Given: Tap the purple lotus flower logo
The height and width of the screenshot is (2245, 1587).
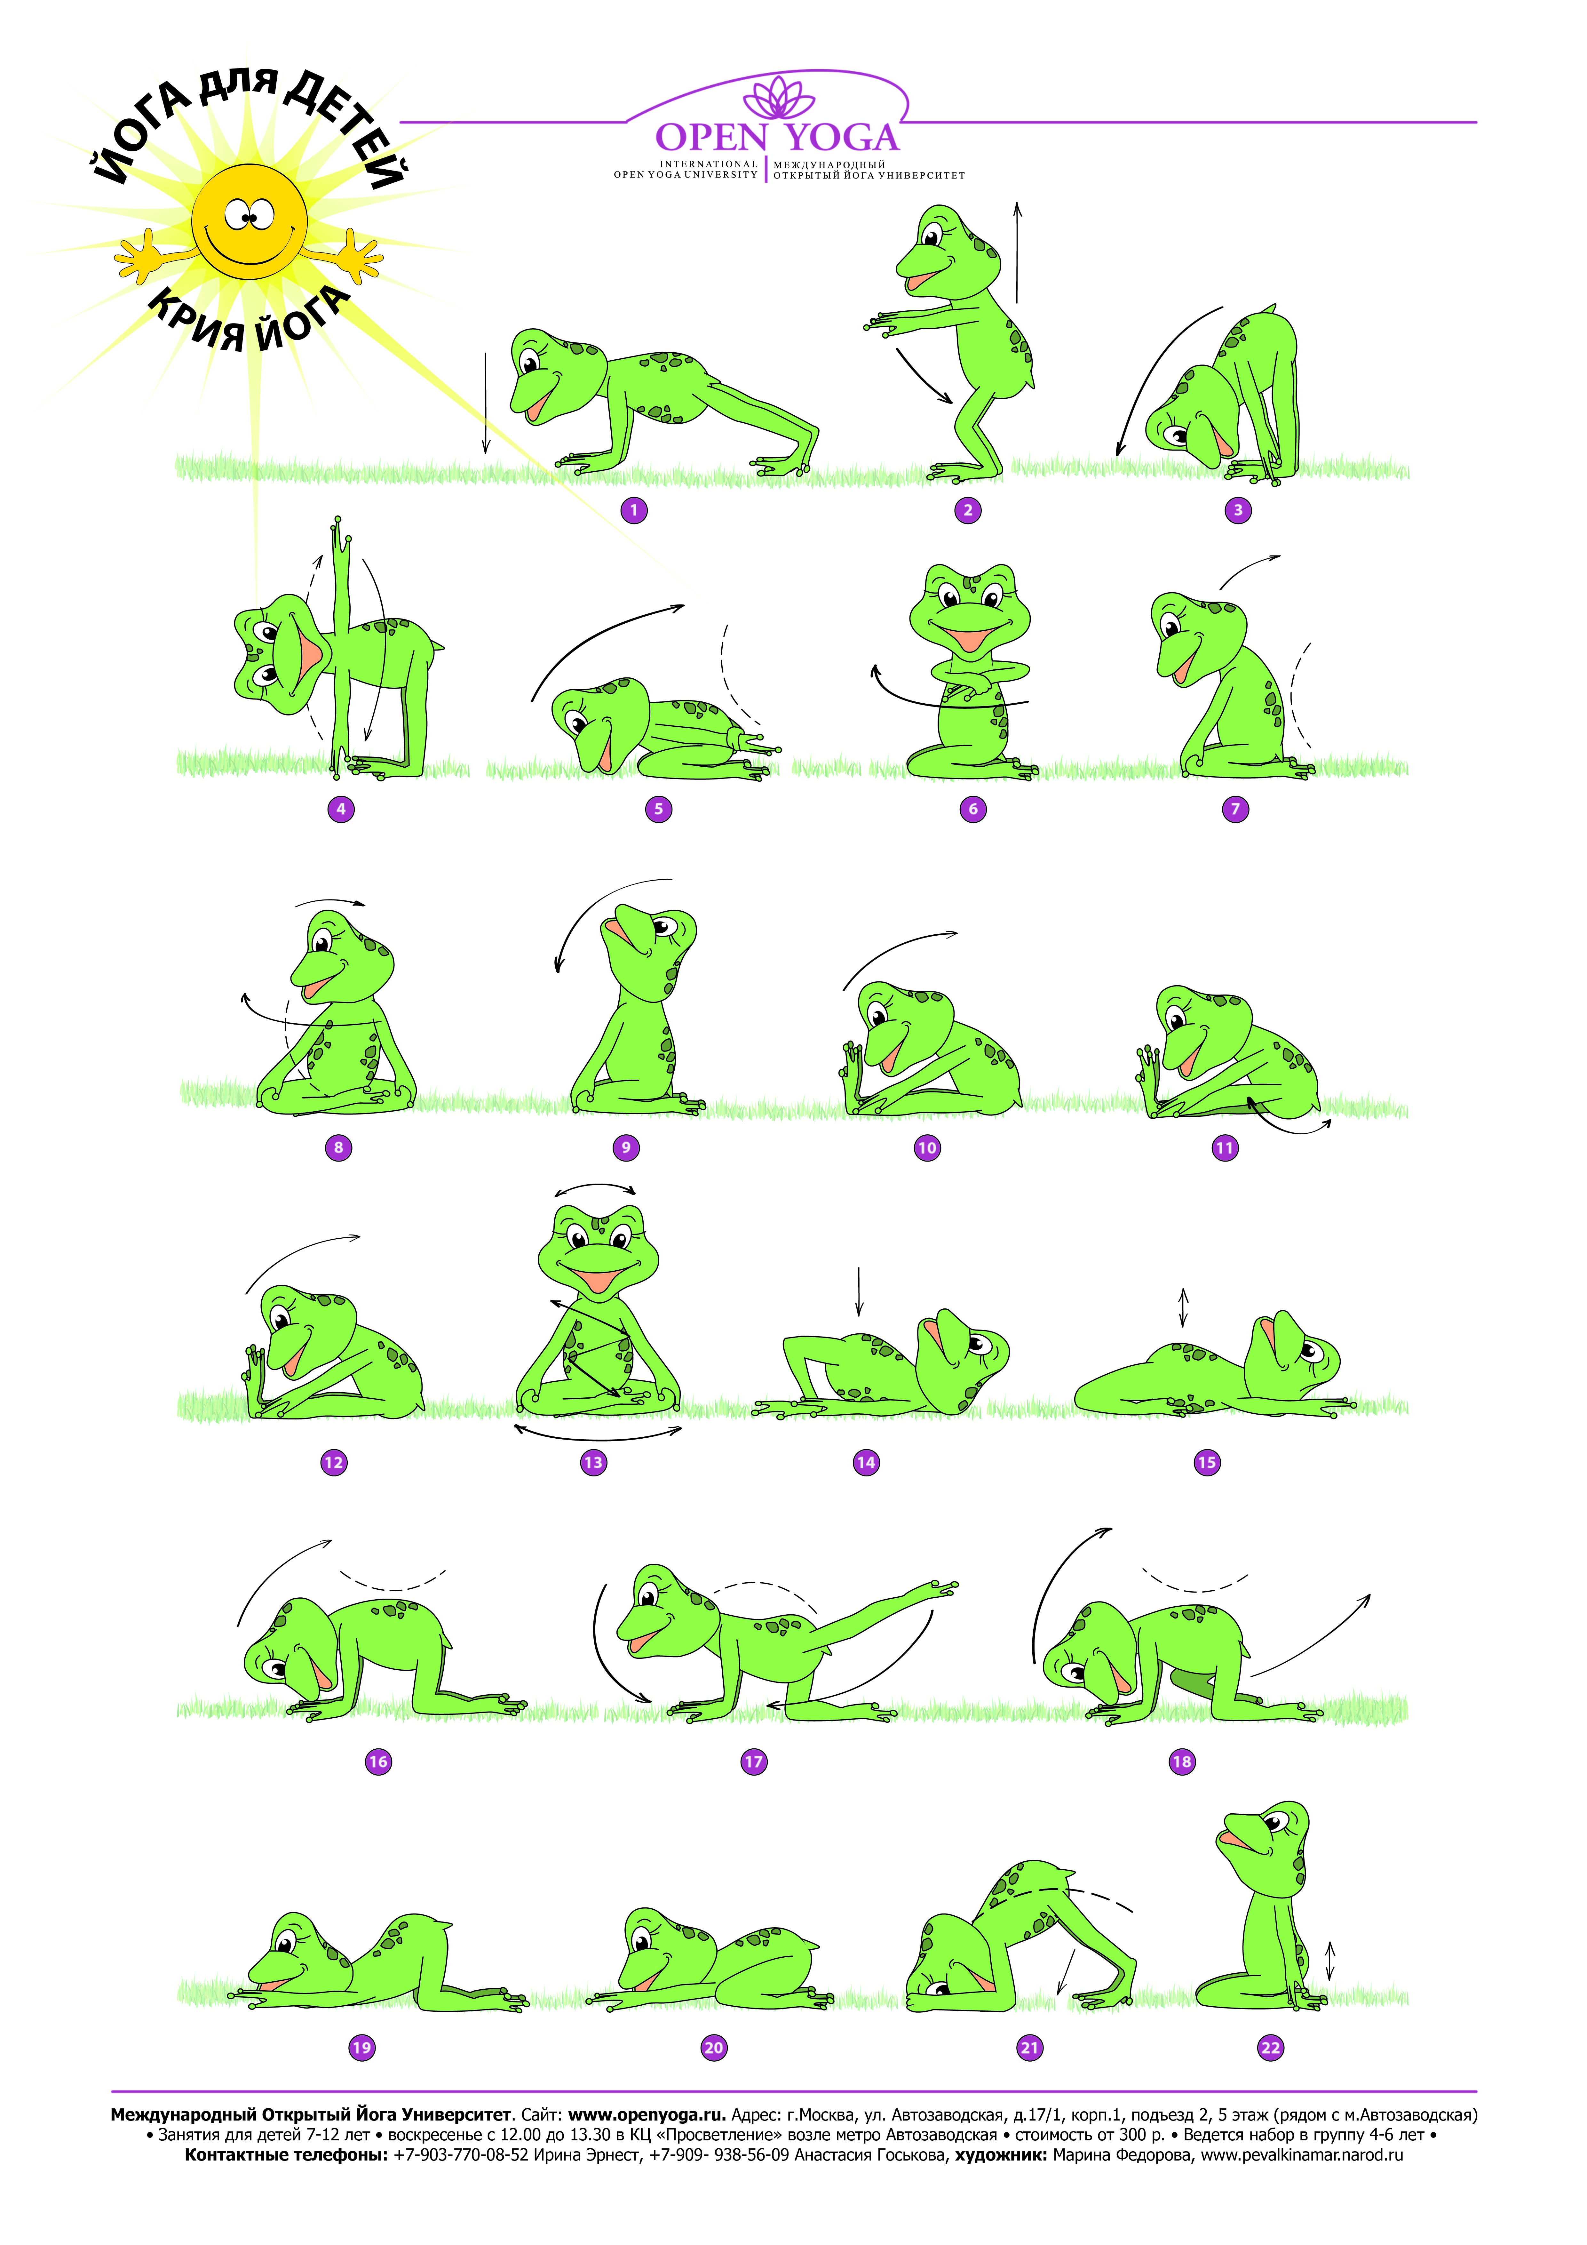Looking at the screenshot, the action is (778, 98).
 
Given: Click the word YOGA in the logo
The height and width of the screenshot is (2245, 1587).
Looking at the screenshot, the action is (843, 138).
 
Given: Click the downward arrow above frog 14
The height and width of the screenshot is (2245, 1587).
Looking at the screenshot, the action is (860, 1291).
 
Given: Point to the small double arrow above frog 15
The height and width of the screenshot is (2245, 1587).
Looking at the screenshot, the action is (1183, 1307).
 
